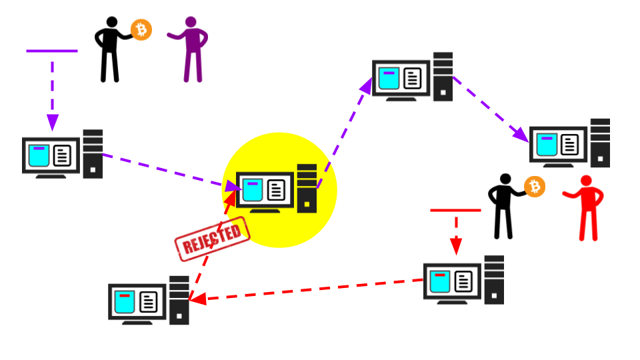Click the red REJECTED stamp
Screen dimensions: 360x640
(212, 238)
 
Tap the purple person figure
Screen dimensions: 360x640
(192, 49)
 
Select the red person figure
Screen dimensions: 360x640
(587, 207)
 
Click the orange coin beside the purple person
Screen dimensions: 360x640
(141, 29)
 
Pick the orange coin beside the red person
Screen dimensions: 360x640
(534, 187)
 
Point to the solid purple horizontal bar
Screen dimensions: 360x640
(52, 51)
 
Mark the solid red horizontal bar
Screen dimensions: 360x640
(455, 210)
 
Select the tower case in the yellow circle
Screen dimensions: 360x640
(307, 188)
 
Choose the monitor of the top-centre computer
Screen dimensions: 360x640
(401, 78)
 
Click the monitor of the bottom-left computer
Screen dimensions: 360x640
(137, 301)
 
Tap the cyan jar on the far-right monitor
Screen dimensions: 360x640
(547, 144)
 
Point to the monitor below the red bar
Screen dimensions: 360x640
(452, 281)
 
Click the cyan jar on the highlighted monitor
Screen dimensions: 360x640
(251, 190)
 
